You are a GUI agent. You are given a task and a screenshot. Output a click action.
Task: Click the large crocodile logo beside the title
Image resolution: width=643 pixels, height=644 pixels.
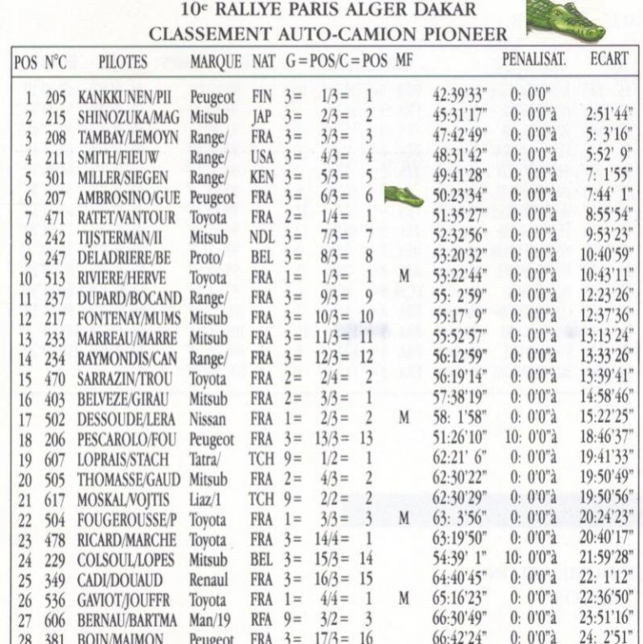[x=564, y=19]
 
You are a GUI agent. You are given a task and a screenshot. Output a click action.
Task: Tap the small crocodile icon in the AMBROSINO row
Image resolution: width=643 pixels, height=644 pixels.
[x=403, y=196]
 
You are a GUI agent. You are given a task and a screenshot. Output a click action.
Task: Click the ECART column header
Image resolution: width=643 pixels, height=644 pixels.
[x=608, y=61]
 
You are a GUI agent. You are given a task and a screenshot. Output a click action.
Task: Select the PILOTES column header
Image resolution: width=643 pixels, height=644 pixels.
[x=122, y=62]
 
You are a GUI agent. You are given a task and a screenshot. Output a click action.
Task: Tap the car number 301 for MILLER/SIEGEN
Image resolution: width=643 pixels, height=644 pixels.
[x=55, y=178]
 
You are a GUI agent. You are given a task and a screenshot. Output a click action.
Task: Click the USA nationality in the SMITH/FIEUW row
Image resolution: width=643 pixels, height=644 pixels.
[x=262, y=158]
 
